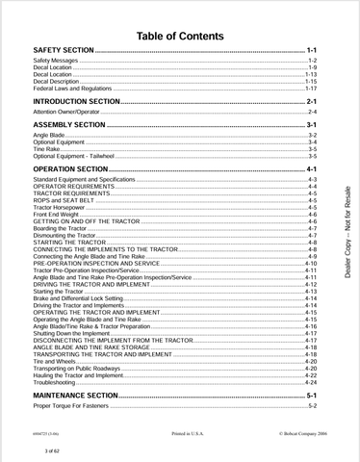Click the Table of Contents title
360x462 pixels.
click(180, 37)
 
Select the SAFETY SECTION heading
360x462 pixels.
click(64, 48)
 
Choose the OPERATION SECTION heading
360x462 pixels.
click(70, 168)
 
